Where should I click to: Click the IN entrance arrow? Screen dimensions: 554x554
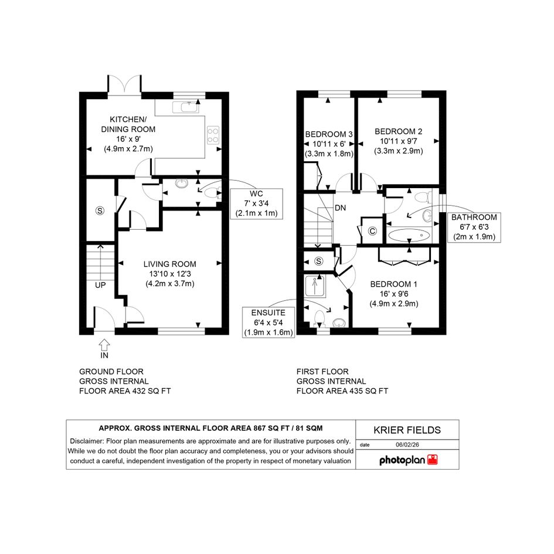point(104,345)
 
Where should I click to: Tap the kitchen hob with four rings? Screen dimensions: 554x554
point(213,135)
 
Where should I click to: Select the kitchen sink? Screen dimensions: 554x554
point(186,107)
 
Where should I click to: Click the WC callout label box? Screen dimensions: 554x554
point(257,203)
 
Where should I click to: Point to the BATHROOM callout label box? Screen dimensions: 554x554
point(474,227)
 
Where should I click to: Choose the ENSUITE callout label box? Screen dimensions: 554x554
point(268,322)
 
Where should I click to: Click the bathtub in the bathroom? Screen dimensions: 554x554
point(409,235)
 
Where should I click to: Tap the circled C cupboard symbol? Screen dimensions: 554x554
point(372,231)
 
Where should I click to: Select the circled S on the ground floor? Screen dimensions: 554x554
point(100,210)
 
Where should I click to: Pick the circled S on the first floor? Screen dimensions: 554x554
point(319,261)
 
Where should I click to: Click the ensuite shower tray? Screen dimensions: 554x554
point(315,286)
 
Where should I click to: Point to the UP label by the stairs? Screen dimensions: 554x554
point(100,285)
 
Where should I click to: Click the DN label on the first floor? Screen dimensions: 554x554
point(340,208)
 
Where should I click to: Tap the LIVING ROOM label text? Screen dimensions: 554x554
point(169,264)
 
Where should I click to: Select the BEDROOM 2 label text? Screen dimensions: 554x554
point(399,131)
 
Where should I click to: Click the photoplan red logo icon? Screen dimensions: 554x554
point(433,459)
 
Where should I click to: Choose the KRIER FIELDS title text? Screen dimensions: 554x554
point(407,430)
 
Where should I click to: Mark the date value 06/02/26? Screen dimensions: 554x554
point(407,445)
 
